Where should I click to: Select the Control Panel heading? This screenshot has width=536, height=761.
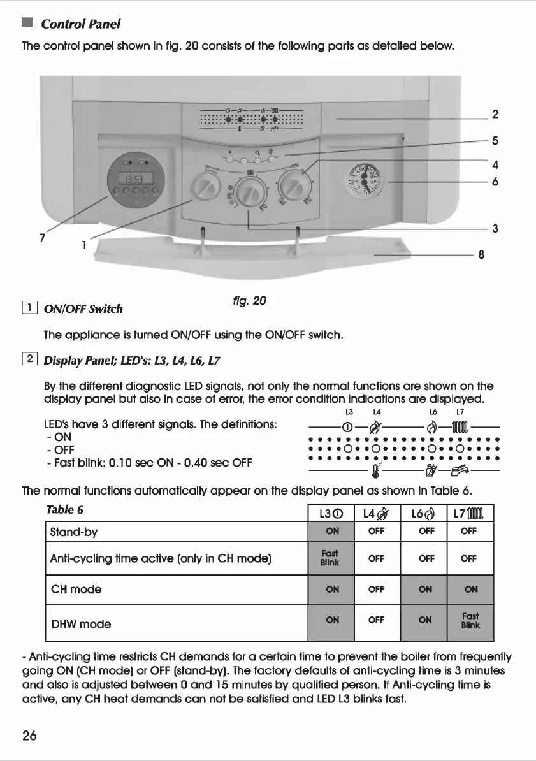[80, 24]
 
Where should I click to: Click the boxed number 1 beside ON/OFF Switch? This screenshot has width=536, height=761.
[28, 308]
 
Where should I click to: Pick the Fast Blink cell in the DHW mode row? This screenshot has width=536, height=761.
[470, 621]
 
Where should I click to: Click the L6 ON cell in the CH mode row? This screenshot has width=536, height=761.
[424, 590]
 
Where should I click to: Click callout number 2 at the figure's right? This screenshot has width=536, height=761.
[495, 115]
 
